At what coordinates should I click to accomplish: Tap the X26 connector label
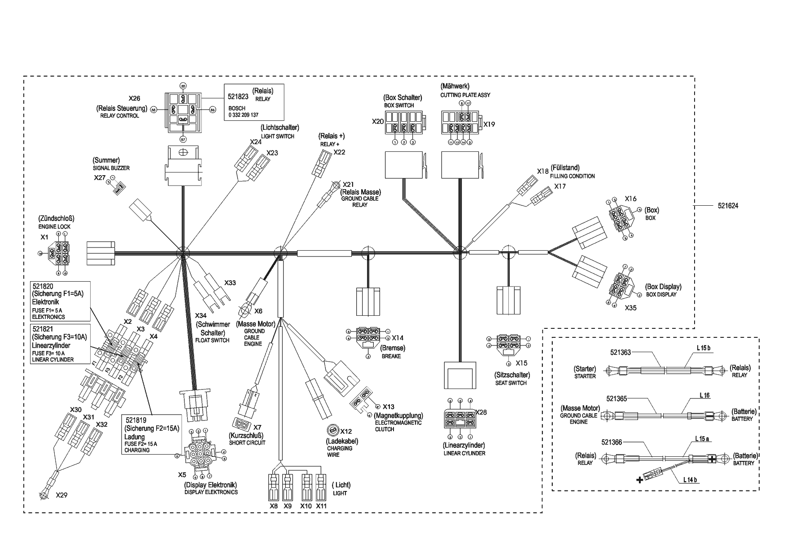click(135, 98)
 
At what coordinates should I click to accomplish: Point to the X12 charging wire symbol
click(333, 430)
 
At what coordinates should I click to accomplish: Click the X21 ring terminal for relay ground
click(335, 184)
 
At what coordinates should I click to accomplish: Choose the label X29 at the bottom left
click(61, 495)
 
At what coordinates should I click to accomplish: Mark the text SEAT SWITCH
click(511, 383)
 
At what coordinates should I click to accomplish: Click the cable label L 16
click(704, 395)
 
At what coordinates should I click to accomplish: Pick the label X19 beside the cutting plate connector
click(489, 124)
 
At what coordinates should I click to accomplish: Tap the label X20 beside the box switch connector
click(378, 121)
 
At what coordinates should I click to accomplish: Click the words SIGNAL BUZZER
click(108, 168)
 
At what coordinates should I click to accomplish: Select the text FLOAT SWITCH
click(212, 340)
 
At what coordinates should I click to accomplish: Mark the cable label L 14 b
click(690, 479)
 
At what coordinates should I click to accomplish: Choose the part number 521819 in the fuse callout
click(136, 420)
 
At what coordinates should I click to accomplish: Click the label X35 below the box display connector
click(630, 308)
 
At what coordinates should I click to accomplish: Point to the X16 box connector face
click(620, 219)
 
